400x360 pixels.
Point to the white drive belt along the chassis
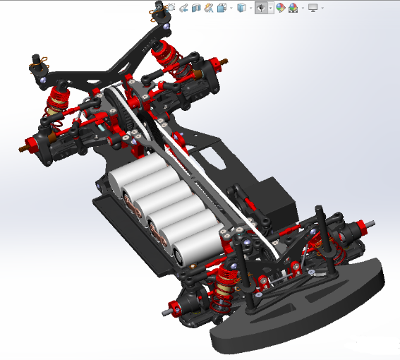212,176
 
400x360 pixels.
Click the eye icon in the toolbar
262,8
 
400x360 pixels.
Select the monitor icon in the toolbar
313,8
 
